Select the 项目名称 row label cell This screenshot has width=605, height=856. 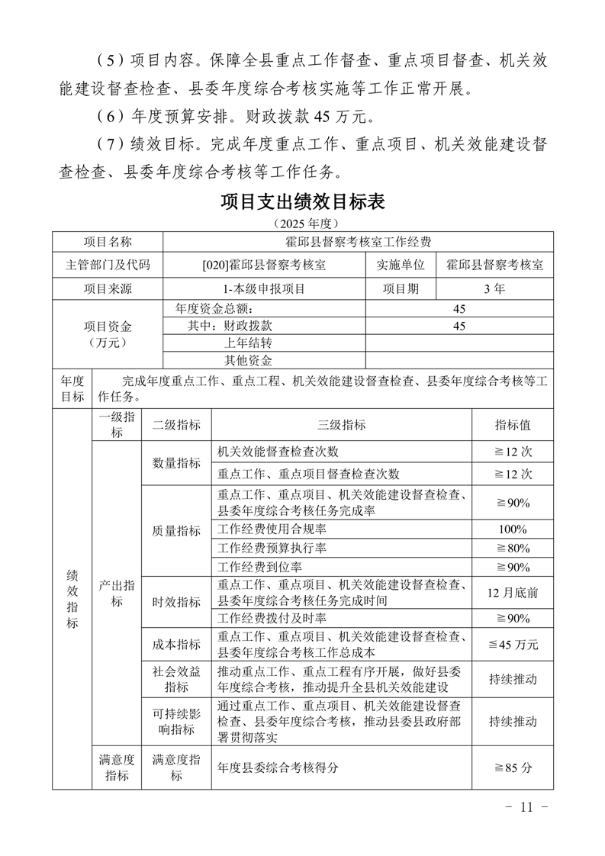tap(108, 242)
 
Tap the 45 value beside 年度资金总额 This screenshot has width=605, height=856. tap(459, 309)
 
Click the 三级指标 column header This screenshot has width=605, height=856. tap(341, 425)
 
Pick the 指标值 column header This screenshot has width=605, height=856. tap(513, 425)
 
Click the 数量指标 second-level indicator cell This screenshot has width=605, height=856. tap(176, 462)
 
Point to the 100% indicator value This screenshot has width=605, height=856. tap(513, 529)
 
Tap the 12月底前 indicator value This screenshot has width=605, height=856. tap(513, 592)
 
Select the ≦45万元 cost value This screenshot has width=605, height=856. tap(513, 645)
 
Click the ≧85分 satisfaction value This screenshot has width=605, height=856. tap(513, 768)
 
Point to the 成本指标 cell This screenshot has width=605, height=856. tap(176, 645)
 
